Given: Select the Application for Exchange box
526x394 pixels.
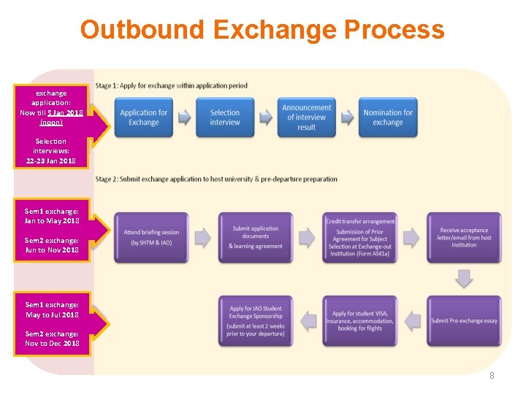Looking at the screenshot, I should click(x=144, y=117).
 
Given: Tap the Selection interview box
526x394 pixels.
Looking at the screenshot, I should click(x=225, y=117).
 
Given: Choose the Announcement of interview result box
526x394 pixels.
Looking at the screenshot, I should click(x=307, y=117).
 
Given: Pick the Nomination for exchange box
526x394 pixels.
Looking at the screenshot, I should click(x=388, y=117).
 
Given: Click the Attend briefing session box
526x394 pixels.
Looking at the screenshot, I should click(x=151, y=237).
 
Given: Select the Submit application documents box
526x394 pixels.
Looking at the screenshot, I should click(x=256, y=237).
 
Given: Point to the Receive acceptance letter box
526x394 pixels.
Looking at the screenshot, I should click(x=464, y=237).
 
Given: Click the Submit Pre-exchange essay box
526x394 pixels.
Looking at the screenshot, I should click(x=464, y=320).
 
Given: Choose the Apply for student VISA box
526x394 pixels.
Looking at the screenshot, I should click(x=360, y=320).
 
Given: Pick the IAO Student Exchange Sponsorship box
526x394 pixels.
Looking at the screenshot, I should click(x=256, y=320).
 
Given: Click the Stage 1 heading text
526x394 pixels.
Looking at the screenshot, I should click(x=172, y=85).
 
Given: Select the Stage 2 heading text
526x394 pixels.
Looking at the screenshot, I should click(x=216, y=179).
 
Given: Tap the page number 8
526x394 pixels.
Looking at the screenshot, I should click(x=492, y=375).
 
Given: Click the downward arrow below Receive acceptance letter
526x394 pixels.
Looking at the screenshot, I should click(x=464, y=278).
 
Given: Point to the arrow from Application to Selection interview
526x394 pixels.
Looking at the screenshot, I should click(x=184, y=117).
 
